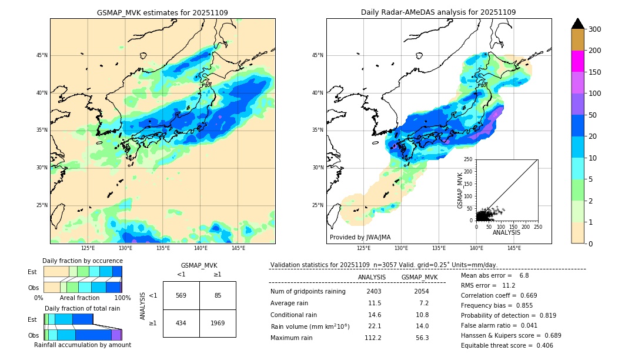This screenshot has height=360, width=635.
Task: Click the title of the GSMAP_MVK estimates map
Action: click(162, 12)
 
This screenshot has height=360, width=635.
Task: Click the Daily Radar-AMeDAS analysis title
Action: click(438, 12)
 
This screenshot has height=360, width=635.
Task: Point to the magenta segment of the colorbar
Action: click(577, 61)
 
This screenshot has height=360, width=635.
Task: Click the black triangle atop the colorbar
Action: click(577, 24)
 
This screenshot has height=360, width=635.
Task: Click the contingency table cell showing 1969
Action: click(218, 323)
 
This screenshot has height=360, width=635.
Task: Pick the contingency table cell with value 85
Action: click(218, 295)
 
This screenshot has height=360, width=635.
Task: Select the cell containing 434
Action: click(181, 323)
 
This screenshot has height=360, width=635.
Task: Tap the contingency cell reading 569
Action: click(181, 295)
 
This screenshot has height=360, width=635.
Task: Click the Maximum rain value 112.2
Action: click(372, 338)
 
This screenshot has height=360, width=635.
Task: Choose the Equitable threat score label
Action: click(496, 345)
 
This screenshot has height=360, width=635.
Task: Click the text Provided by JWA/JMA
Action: click(360, 238)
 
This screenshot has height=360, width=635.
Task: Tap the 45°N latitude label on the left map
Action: click(42, 55)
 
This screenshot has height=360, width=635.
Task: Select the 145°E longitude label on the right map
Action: click(513, 248)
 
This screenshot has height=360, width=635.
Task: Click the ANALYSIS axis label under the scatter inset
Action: click(506, 232)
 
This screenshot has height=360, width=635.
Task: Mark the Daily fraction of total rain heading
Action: click(82, 308)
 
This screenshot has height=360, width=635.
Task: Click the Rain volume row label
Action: click(310, 326)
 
